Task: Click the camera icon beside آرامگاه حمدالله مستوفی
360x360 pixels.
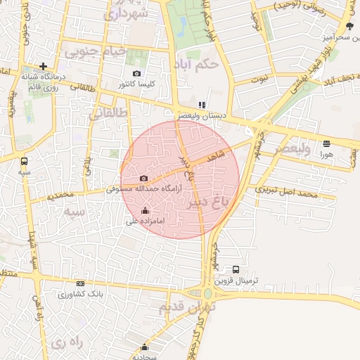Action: pyautogui.click(x=144, y=179)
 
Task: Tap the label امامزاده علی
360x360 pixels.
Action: pyautogui.click(x=146, y=221)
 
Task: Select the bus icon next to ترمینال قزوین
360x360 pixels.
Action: pyautogui.click(x=236, y=269)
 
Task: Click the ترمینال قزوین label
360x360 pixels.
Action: pyautogui.click(x=236, y=281)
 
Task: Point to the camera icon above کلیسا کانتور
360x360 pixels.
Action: pyautogui.click(x=136, y=73)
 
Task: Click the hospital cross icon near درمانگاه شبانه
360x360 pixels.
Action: pyautogui.click(x=44, y=66)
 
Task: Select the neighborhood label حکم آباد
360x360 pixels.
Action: pyautogui.click(x=199, y=63)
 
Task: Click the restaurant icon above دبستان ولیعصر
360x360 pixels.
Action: pyautogui.click(x=202, y=104)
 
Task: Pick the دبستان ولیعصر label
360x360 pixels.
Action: pyautogui.click(x=202, y=115)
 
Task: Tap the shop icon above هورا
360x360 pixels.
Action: pyautogui.click(x=326, y=143)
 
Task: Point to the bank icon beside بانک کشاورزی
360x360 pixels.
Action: pyautogui.click(x=80, y=283)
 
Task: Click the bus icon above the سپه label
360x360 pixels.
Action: pyautogui.click(x=25, y=160)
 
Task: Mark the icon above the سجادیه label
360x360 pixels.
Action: pyautogui.click(x=145, y=347)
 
